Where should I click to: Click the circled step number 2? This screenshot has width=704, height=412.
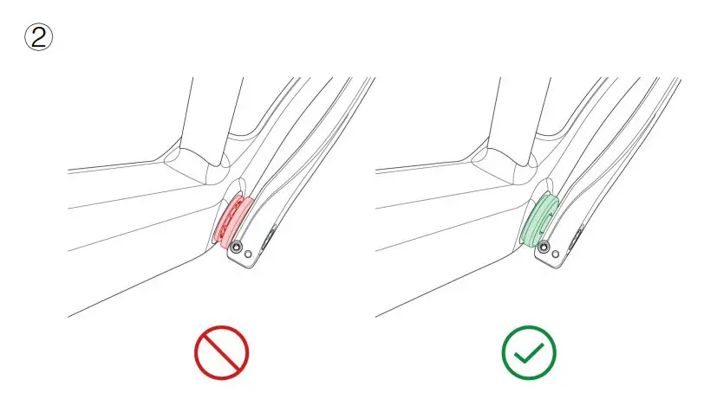[39, 38]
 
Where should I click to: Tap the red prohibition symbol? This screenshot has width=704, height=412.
[221, 353]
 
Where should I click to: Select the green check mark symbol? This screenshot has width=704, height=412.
[529, 353]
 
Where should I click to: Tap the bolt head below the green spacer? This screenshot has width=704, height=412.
[544, 248]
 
